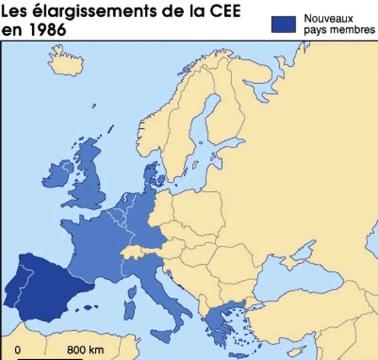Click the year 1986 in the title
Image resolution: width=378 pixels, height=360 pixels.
point(49,31)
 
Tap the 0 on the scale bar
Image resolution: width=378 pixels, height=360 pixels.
point(18,350)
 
